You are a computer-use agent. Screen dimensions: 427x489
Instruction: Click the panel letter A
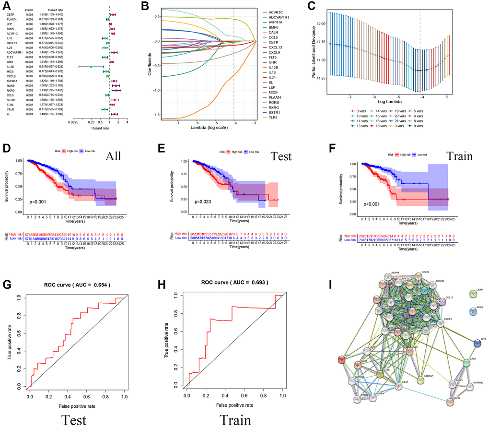[7, 6]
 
